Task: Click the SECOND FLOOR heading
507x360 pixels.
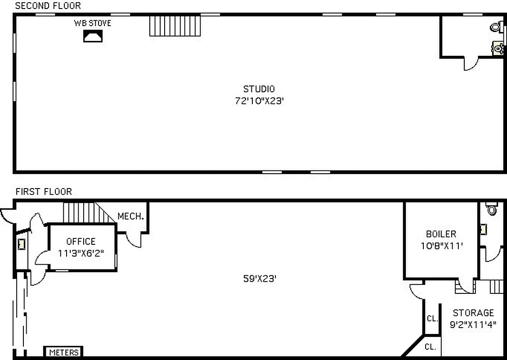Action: click(x=48, y=6)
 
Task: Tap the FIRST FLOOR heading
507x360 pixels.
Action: click(x=44, y=192)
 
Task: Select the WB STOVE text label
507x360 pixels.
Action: click(x=93, y=23)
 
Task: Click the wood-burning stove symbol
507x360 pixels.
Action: click(x=93, y=36)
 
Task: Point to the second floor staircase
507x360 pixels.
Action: click(x=175, y=25)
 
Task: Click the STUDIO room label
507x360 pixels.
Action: click(x=259, y=89)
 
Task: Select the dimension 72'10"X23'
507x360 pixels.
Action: click(x=259, y=101)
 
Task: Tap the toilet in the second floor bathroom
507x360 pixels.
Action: click(x=496, y=27)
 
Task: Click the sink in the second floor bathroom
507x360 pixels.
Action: click(x=498, y=48)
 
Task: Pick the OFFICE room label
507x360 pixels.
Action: click(x=81, y=242)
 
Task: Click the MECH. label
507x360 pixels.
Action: click(x=130, y=216)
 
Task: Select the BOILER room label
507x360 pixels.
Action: click(x=441, y=234)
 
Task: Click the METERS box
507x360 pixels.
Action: click(x=63, y=352)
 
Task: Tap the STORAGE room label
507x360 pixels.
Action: click(x=473, y=313)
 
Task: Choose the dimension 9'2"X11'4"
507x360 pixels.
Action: click(x=473, y=324)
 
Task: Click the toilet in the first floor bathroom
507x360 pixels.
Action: click(x=491, y=209)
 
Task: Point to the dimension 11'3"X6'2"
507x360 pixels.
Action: click(x=81, y=253)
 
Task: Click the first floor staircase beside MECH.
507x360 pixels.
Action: click(x=85, y=212)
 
